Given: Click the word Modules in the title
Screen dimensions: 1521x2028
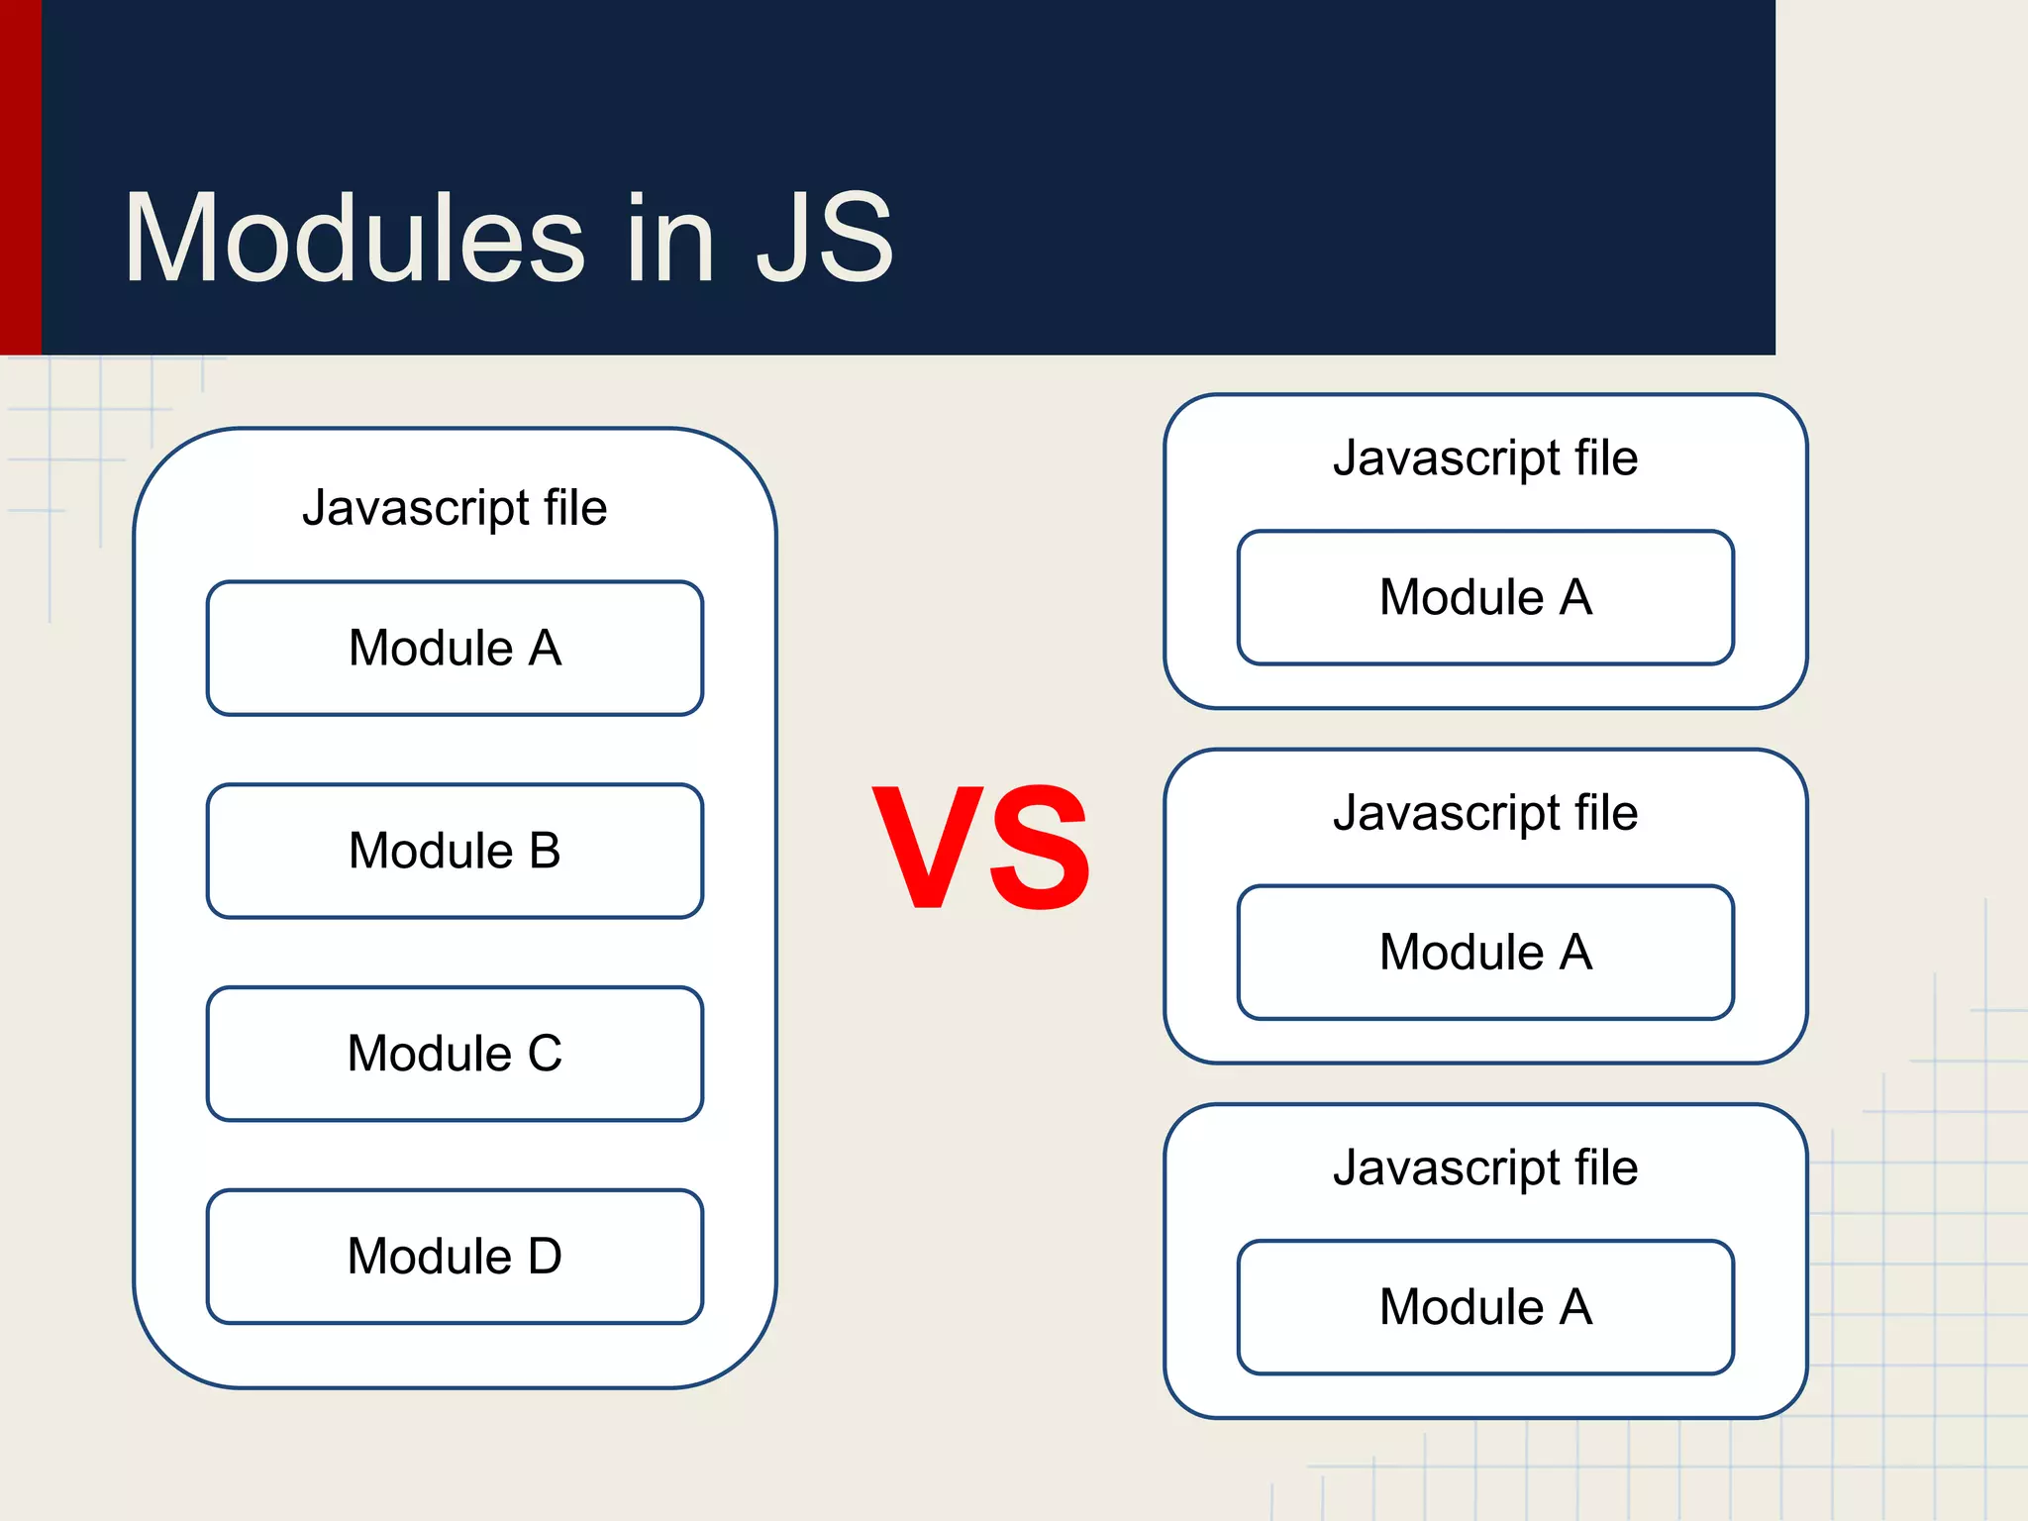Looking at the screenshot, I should (x=355, y=240).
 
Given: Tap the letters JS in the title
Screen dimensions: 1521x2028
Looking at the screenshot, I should (x=824, y=240).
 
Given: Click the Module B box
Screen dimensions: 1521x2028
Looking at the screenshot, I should (x=455, y=851).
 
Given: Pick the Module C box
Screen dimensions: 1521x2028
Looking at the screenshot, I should (x=455, y=1054).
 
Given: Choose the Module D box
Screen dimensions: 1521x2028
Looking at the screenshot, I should (x=455, y=1257).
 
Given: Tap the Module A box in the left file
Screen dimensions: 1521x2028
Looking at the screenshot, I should (x=455, y=649).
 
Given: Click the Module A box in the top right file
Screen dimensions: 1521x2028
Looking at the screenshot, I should (x=1485, y=597).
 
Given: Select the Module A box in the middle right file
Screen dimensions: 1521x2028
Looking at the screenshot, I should (x=1485, y=952).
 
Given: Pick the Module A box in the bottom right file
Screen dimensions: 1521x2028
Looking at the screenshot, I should (x=1485, y=1306).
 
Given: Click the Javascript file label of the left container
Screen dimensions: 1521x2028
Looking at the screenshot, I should (x=455, y=508).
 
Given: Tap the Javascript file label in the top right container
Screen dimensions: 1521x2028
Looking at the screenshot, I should (x=1485, y=458).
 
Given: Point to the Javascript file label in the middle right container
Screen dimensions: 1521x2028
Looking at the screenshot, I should (x=1485, y=813).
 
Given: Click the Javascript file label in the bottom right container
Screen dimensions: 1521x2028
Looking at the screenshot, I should (x=1485, y=1167).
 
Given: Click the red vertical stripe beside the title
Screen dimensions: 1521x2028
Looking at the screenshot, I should (x=20, y=178).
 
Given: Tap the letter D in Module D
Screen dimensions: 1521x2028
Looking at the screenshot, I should (x=545, y=1257).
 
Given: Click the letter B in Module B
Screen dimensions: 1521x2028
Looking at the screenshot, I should (x=545, y=851).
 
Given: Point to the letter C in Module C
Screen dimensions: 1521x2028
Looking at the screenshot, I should (x=545, y=1054).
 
